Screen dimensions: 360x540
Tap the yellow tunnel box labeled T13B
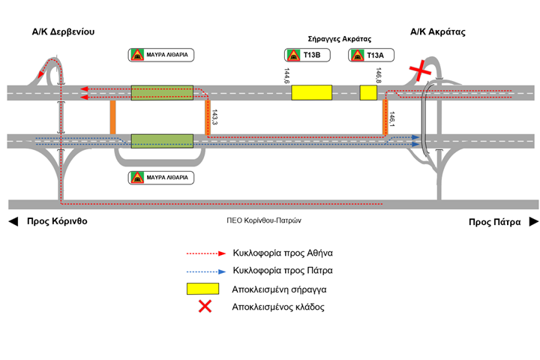(x=311, y=92)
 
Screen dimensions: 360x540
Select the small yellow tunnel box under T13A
(x=368, y=92)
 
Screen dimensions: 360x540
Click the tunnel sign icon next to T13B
(x=292, y=55)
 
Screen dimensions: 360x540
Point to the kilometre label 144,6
(x=286, y=76)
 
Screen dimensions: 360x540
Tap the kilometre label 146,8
(x=379, y=76)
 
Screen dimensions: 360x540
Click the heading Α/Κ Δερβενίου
(x=63, y=32)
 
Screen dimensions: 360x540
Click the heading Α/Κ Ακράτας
(x=439, y=32)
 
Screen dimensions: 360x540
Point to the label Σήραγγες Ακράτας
(x=340, y=38)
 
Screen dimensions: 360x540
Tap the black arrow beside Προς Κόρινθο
(x=12, y=222)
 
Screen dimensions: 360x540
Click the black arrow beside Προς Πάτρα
(x=533, y=222)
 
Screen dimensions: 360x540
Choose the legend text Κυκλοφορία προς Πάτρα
(x=283, y=271)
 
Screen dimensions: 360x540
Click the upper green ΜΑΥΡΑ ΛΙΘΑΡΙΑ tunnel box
(x=162, y=93)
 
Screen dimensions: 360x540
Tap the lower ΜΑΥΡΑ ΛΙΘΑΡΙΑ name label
(x=166, y=178)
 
